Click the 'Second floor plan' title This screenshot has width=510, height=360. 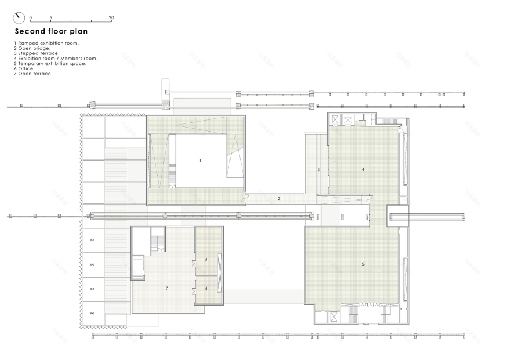tap(51, 31)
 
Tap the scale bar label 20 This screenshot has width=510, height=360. tap(111, 17)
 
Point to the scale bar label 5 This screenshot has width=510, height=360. tap(51, 17)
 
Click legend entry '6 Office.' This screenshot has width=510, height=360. tap(28, 68)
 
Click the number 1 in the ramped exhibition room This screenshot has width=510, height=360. tap(200, 160)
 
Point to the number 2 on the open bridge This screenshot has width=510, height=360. tap(279, 199)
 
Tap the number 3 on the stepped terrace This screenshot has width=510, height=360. tap(319, 169)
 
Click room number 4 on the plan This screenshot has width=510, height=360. tap(363, 169)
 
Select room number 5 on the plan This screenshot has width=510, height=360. tap(363, 264)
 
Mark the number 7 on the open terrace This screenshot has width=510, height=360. tap(166, 288)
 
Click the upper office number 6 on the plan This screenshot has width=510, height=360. tap(206, 260)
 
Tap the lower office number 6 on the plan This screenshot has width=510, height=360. tap(206, 288)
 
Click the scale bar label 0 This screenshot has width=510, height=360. tap(31, 17)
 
